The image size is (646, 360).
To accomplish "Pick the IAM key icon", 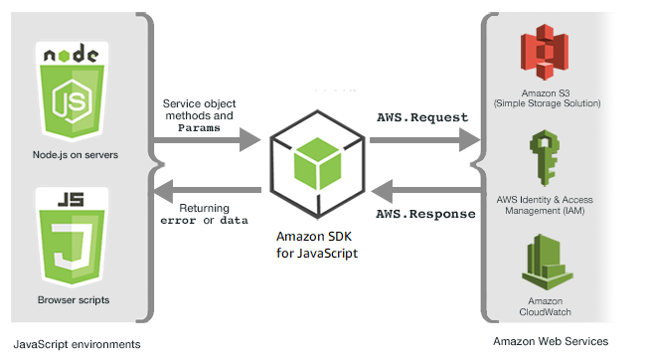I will pyautogui.click(x=544, y=154).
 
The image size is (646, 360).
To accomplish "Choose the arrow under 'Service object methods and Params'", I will pyautogui.click(x=209, y=141).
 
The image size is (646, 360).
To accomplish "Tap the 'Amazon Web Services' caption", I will pyautogui.click(x=551, y=341).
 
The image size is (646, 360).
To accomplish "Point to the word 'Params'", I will pyautogui.click(x=199, y=128).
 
